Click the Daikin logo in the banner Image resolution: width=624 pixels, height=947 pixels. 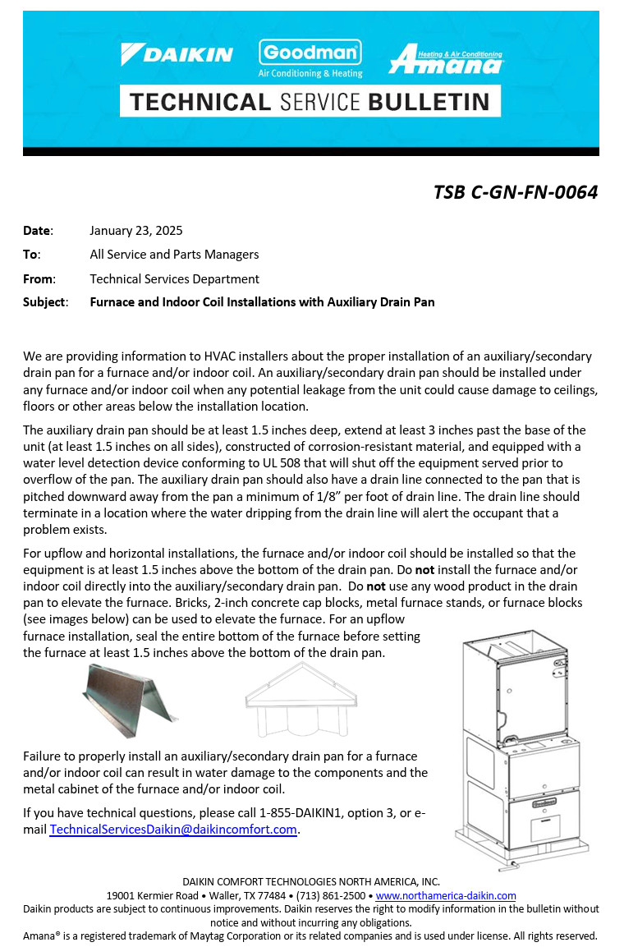tap(177, 55)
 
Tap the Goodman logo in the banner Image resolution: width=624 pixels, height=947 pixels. tap(310, 53)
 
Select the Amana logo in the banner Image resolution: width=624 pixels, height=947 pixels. tap(446, 60)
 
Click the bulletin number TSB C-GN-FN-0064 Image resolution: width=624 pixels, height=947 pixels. tap(516, 192)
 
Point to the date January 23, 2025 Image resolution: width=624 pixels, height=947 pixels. tap(136, 231)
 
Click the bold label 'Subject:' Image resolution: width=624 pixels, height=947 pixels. tap(45, 302)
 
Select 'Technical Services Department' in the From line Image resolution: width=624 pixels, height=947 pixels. tap(174, 278)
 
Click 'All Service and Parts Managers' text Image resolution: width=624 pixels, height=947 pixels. tap(174, 255)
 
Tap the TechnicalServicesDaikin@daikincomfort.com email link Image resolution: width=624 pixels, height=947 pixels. tap(173, 830)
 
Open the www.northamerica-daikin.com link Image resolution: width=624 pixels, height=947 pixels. tap(446, 895)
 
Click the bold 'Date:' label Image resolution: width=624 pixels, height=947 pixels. tap(38, 231)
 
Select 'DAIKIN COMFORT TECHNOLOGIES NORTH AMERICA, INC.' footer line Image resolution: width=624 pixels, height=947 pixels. tap(311, 881)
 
